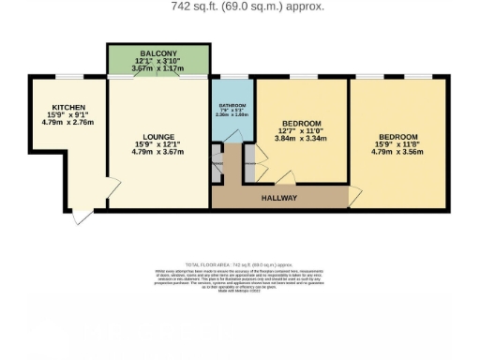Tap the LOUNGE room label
pyautogui.click(x=156, y=137)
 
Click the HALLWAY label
pyautogui.click(x=278, y=198)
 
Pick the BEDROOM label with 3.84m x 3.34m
pyautogui.click(x=301, y=124)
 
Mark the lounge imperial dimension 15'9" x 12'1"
pyautogui.click(x=156, y=143)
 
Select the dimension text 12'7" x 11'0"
pyautogui.click(x=301, y=131)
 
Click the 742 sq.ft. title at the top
pyautogui.click(x=247, y=7)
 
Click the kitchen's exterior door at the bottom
pyautogui.click(x=82, y=214)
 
